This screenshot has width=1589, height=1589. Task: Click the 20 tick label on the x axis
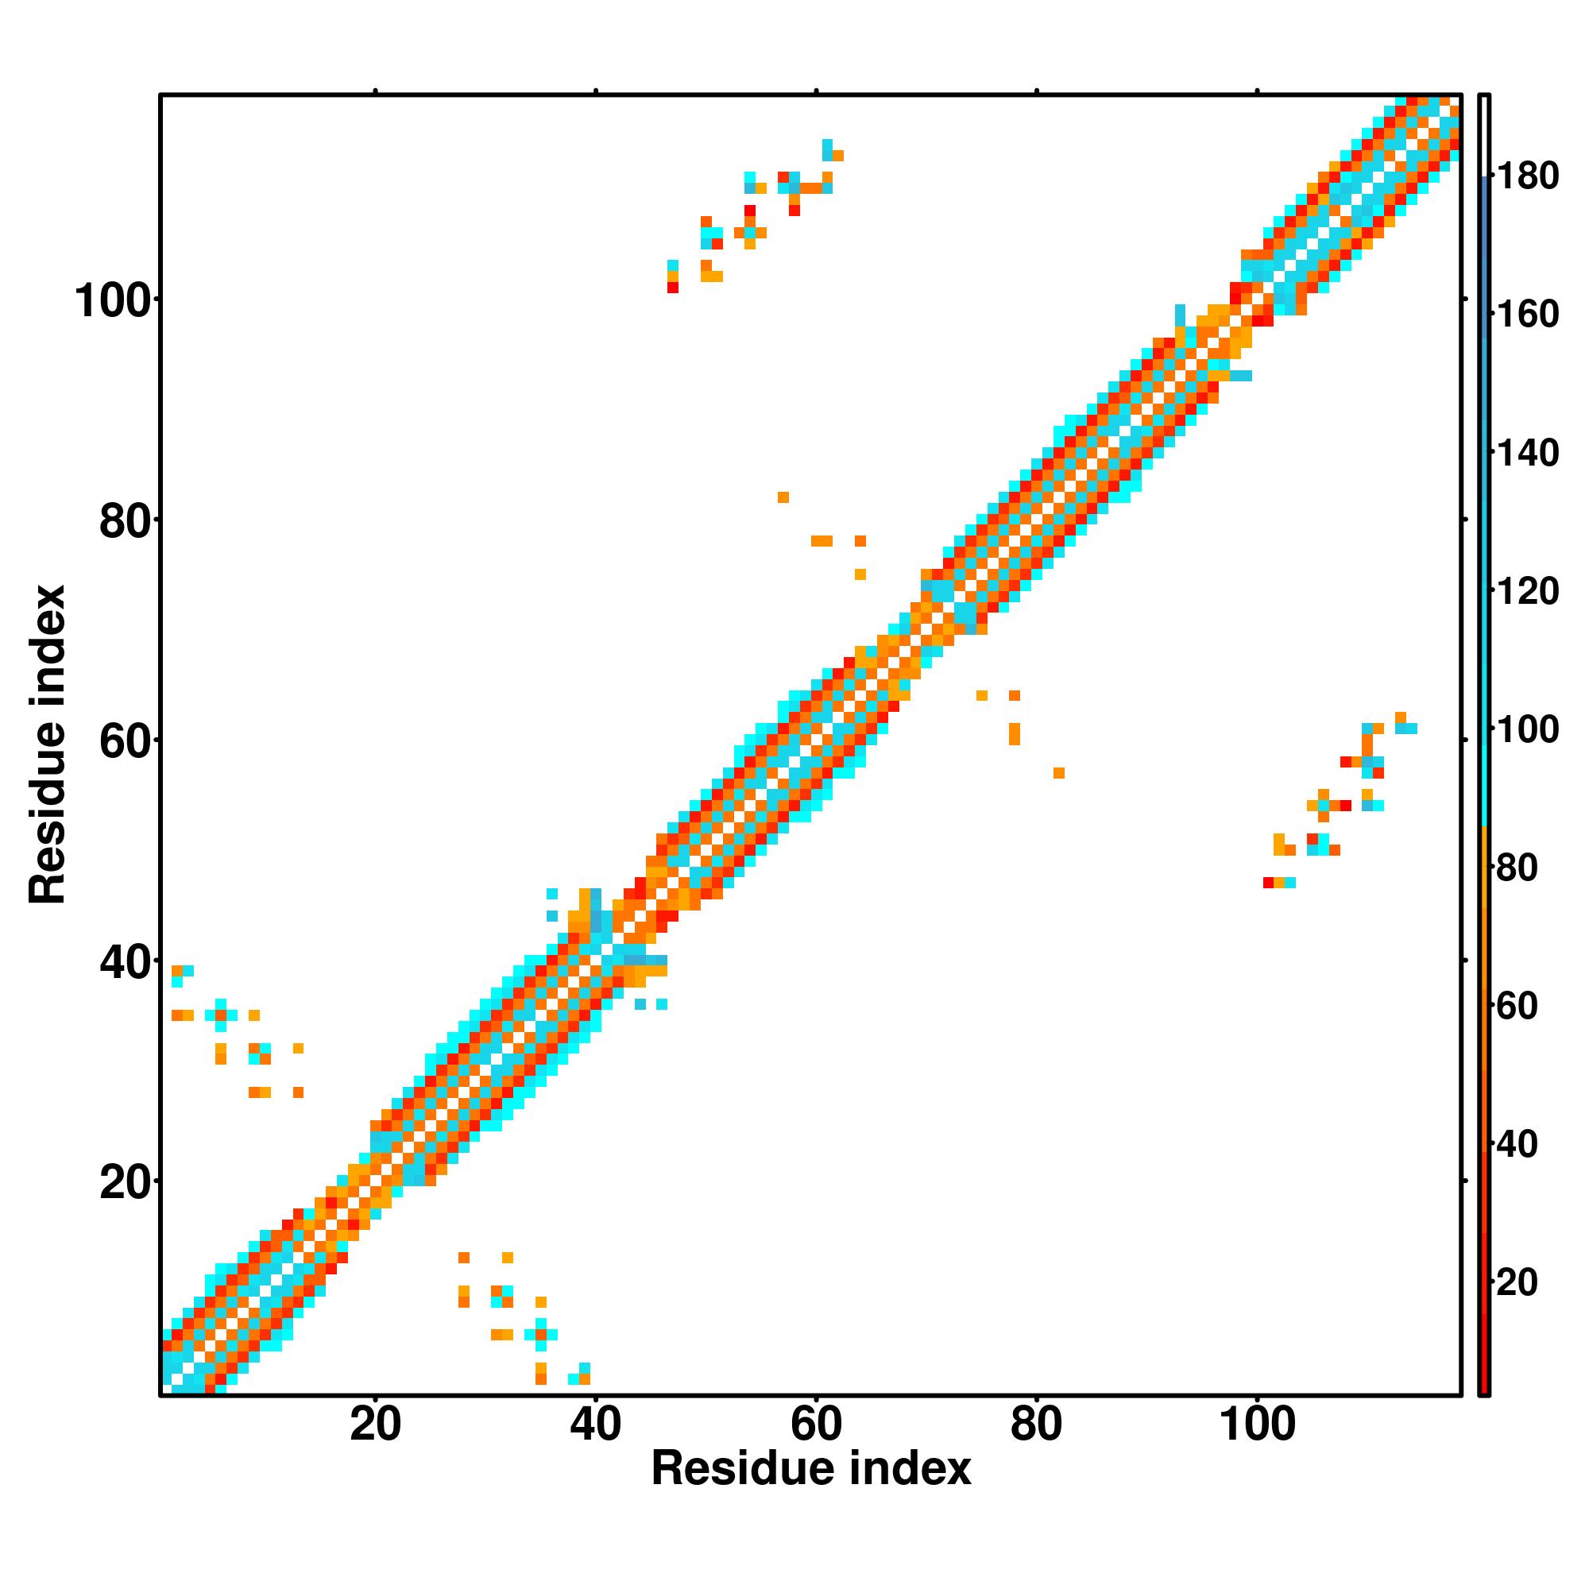375,1425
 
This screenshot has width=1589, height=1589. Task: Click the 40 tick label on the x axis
595,1425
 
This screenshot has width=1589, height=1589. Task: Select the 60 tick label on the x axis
816,1425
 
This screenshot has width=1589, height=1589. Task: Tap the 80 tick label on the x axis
1036,1425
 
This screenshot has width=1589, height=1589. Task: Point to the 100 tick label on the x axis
1257,1425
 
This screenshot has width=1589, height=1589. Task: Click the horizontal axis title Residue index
811,1469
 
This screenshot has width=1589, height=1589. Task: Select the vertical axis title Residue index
48,745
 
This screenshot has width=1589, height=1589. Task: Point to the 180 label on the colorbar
1527,176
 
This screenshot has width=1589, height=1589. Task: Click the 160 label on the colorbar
1527,314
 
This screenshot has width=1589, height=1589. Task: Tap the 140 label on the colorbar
1527,452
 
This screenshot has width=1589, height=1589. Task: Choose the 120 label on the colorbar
1527,590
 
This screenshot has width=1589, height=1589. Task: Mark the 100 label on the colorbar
1527,729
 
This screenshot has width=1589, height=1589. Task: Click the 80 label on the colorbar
1517,868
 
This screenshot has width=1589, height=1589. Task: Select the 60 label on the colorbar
1517,1006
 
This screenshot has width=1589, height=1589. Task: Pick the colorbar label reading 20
1517,1282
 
